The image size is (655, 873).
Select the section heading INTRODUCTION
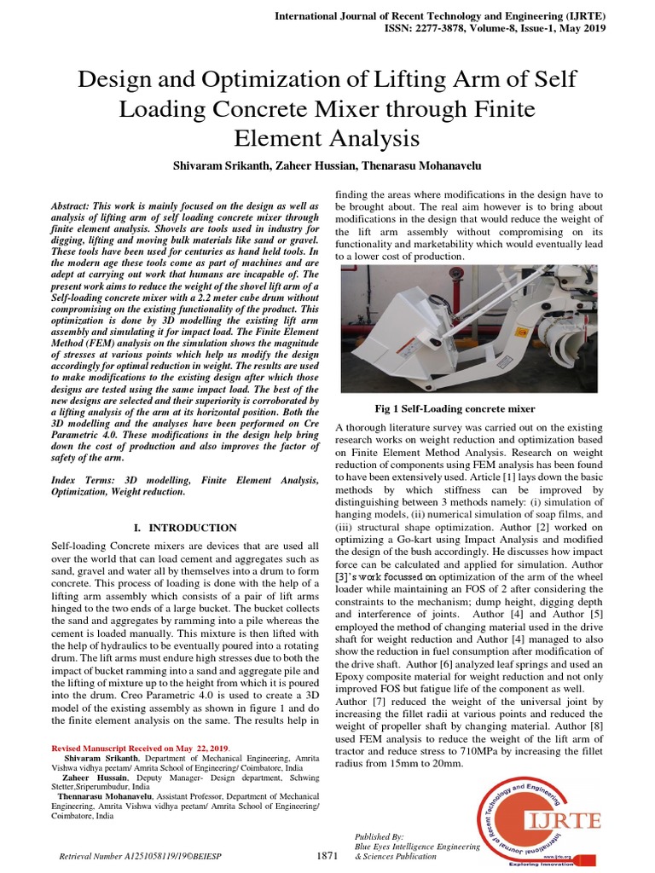tap(193, 528)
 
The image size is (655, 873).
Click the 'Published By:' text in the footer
tap(379, 836)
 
